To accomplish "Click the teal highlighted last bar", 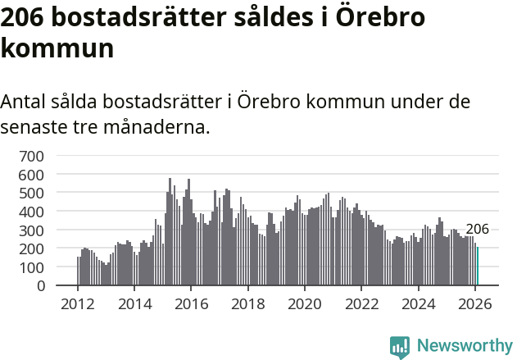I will (x=478, y=267).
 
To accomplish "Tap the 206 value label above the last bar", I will (x=477, y=230).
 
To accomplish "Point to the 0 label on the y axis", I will (x=39, y=285).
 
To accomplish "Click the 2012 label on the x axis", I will (x=78, y=303).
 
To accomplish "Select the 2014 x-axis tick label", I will (x=134, y=303).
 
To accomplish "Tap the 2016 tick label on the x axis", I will (x=191, y=303).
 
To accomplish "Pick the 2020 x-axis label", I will (x=305, y=303).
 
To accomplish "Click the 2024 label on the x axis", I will (x=419, y=303).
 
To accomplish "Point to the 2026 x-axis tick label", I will (x=475, y=303).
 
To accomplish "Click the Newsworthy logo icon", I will (x=400, y=346).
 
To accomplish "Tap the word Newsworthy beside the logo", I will (x=465, y=346).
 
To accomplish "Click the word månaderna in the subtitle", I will (x=158, y=127).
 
